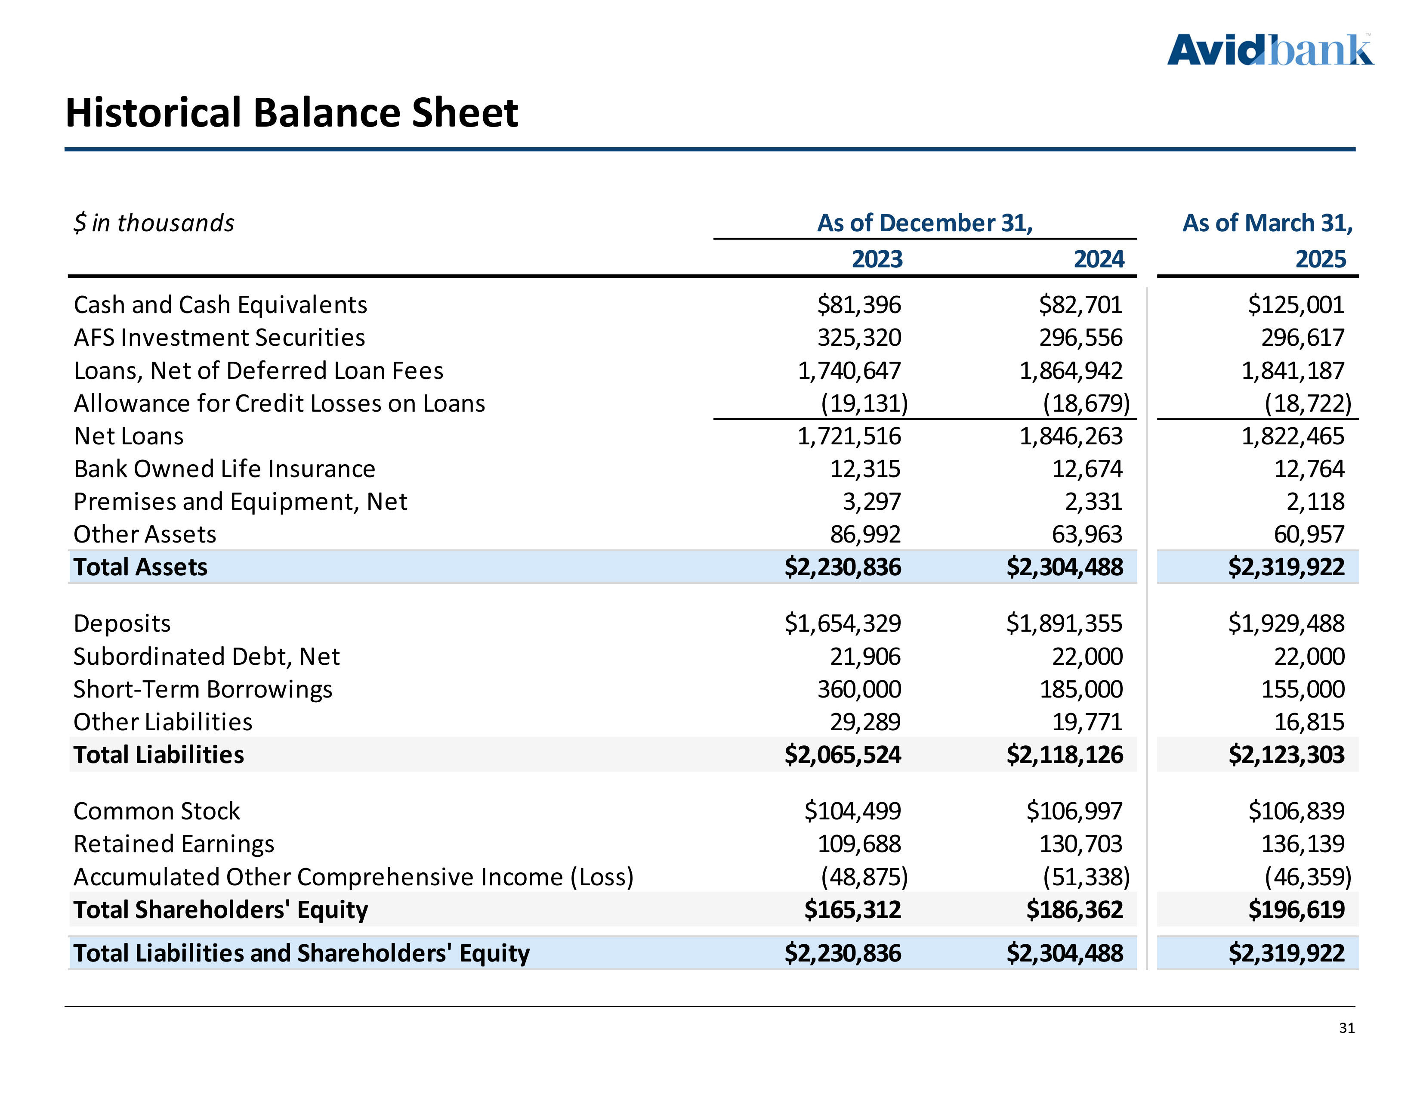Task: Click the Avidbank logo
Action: click(x=1270, y=50)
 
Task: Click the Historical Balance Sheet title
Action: click(x=292, y=112)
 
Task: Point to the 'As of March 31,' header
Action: click(x=1267, y=223)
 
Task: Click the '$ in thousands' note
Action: click(x=154, y=223)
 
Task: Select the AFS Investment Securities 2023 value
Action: click(x=859, y=338)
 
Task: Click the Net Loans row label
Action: click(x=129, y=436)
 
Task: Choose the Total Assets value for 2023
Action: click(x=843, y=567)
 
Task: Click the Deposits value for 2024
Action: click(x=1064, y=623)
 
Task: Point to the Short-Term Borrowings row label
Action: click(x=203, y=689)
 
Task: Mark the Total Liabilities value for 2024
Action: click(x=1064, y=754)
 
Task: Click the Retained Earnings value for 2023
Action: click(x=859, y=844)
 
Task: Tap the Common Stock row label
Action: click(x=157, y=811)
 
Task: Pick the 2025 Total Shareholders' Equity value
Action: click(x=1296, y=909)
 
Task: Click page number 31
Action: click(x=1346, y=1028)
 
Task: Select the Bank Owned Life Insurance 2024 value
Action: click(x=1087, y=469)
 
